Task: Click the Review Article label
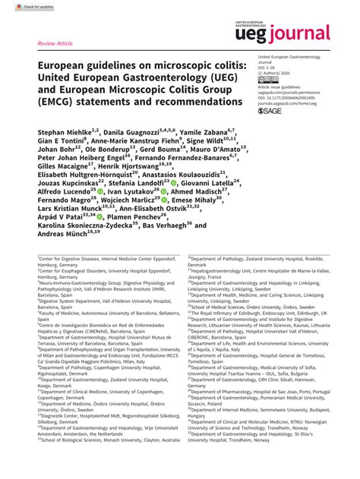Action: [x=55, y=44]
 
